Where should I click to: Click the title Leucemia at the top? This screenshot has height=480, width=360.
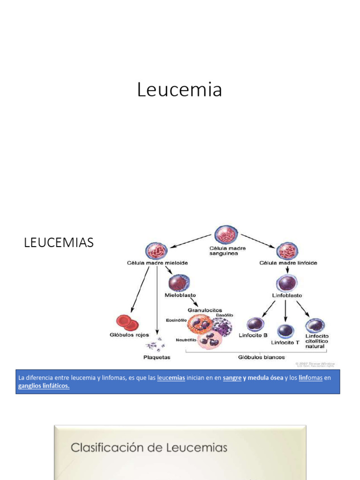(180, 90)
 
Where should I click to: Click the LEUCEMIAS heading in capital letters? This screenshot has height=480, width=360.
(59, 243)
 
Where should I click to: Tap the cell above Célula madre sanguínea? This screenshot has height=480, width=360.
(226, 235)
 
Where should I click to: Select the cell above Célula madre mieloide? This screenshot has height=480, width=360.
(157, 252)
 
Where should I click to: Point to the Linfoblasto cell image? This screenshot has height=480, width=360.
(287, 284)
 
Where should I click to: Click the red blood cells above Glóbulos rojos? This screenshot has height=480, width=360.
(127, 323)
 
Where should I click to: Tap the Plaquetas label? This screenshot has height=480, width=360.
(157, 357)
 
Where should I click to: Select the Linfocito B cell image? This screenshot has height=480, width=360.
(255, 325)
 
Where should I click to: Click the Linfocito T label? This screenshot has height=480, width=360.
(285, 342)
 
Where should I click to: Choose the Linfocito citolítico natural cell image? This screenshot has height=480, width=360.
(315, 325)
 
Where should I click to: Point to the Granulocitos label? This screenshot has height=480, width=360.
(205, 310)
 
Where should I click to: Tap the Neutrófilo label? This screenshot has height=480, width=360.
(186, 340)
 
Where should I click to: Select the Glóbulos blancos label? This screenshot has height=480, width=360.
(254, 357)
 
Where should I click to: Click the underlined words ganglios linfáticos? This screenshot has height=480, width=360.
(44, 386)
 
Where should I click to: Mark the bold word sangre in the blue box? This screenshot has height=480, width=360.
(232, 378)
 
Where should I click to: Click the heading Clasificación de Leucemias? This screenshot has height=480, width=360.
(149, 448)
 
